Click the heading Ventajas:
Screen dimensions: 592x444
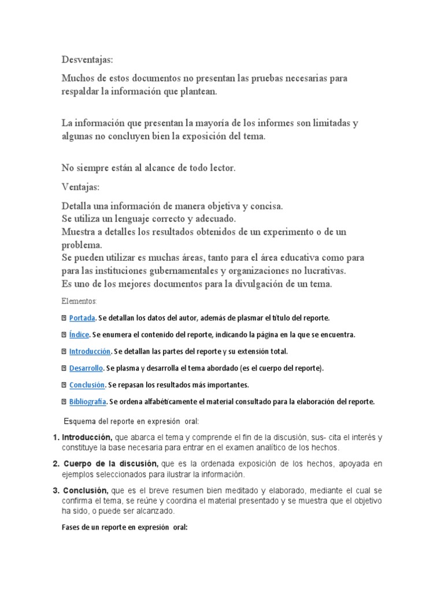point(80,187)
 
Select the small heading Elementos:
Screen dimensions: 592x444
point(79,301)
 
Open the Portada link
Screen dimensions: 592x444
point(82,318)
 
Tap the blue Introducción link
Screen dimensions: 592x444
point(90,351)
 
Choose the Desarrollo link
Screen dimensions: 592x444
point(86,368)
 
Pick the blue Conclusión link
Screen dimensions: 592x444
point(87,384)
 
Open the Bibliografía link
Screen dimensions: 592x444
point(87,401)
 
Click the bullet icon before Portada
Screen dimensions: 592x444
point(64,318)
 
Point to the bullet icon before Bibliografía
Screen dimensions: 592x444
point(64,401)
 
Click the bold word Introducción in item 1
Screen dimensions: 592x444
point(87,438)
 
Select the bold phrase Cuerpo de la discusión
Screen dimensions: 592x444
point(111,464)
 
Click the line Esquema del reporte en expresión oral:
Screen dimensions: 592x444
point(131,421)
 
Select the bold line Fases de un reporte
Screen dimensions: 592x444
point(124,527)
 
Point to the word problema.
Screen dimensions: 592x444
point(82,245)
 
